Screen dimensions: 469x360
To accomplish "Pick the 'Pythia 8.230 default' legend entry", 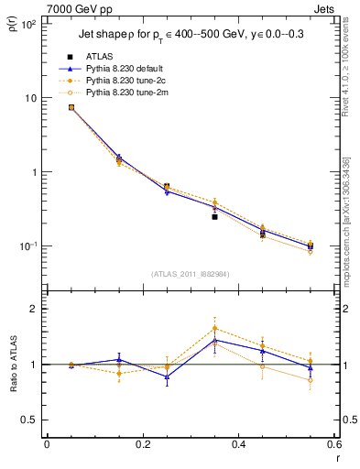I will (126, 68).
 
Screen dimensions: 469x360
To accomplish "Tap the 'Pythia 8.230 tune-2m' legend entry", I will (126, 92).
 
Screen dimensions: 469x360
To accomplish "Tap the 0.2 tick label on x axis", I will (142, 445).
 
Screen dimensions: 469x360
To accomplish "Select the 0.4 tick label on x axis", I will (238, 445).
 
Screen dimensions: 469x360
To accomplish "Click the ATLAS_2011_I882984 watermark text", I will (191, 273).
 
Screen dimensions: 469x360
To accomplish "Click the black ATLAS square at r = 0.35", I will (214, 217).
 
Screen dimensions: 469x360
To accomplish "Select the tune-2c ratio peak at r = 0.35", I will (214, 328).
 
